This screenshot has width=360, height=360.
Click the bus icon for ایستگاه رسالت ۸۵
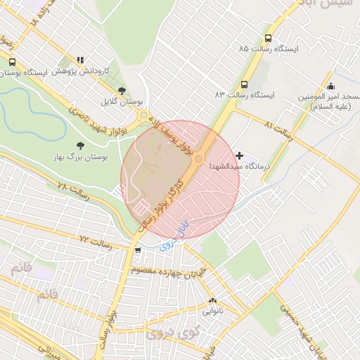pyautogui.click(x=267, y=39)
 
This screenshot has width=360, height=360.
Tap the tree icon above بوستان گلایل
pyautogui.click(x=122, y=91)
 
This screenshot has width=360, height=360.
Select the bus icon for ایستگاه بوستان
pyautogui.click(x=12, y=62)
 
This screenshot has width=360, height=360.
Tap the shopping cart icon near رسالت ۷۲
pyautogui.click(x=137, y=250)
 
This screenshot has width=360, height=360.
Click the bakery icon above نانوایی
pyautogui.click(x=212, y=300)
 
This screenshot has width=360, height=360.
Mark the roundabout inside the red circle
pyautogui.click(x=198, y=160)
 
